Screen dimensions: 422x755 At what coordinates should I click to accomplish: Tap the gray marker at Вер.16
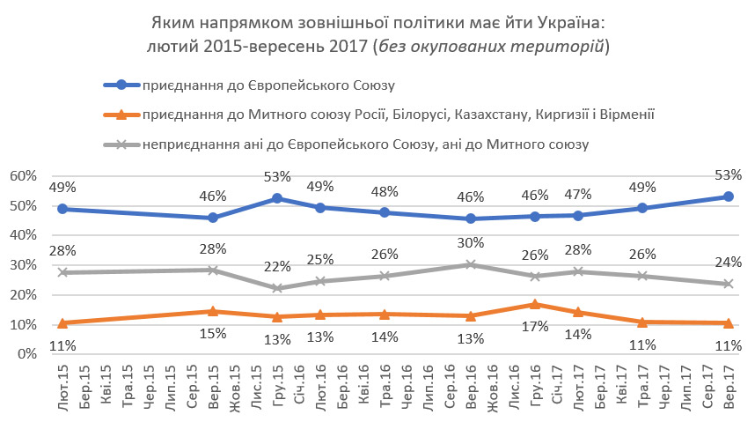tap(471, 264)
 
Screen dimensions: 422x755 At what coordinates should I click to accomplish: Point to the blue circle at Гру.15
tap(278, 199)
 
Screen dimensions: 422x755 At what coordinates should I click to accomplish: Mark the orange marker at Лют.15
tap(62, 322)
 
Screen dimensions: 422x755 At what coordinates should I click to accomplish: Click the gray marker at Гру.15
tap(278, 288)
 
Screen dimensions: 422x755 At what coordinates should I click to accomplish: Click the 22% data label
tap(278, 267)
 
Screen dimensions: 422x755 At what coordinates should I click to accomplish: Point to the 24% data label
tap(728, 262)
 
